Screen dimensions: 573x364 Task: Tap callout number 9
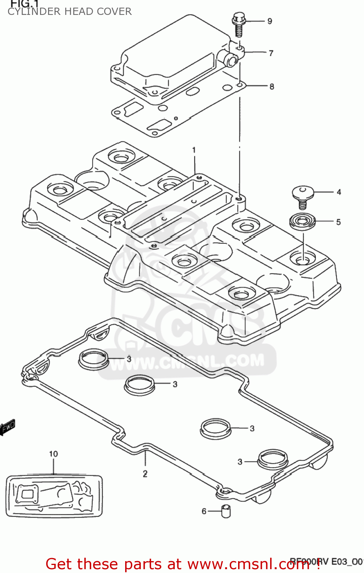pyautogui.click(x=270, y=21)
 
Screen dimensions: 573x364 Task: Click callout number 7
pyautogui.click(x=271, y=53)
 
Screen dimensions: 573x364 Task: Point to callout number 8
pyautogui.click(x=272, y=87)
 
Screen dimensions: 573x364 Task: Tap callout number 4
pyautogui.click(x=339, y=192)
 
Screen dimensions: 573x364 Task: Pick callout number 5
pyautogui.click(x=338, y=222)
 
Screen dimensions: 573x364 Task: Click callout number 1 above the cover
pyautogui.click(x=194, y=150)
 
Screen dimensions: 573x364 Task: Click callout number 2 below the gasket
pyautogui.click(x=145, y=474)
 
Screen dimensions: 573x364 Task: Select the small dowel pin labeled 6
pyautogui.click(x=226, y=511)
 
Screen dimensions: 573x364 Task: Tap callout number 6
pyautogui.click(x=204, y=511)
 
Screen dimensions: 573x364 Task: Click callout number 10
pyautogui.click(x=53, y=454)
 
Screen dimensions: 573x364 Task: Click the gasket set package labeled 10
pyautogui.click(x=54, y=496)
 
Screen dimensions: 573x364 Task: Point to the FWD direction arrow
pyautogui.click(x=8, y=427)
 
